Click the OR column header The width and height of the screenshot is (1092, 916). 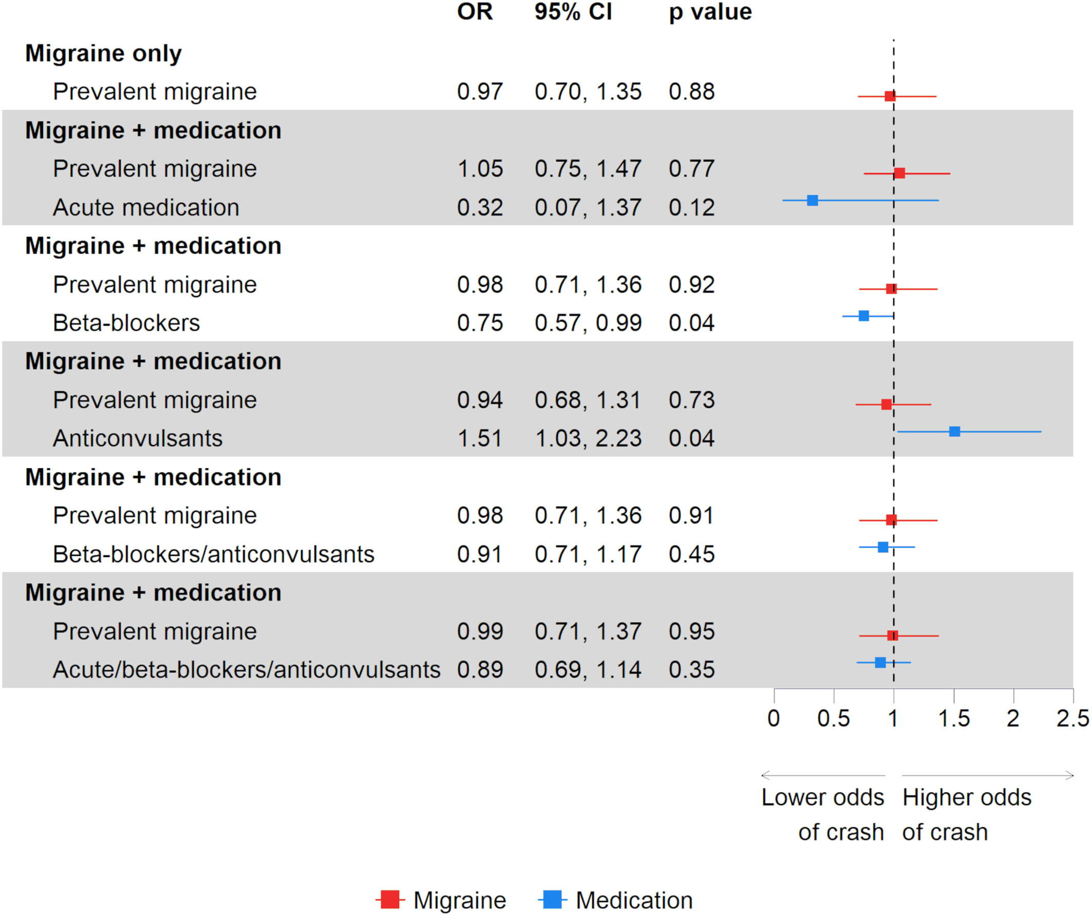tap(474, 12)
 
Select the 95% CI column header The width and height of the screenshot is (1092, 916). tap(573, 12)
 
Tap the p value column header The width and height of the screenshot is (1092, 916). tap(710, 12)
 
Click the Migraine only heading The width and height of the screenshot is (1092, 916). tap(104, 53)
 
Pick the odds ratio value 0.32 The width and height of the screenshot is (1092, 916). tap(479, 207)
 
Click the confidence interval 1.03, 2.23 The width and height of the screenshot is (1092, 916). tap(588, 438)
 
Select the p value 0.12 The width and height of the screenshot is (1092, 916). tap(691, 207)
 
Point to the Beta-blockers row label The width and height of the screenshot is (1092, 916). tap(126, 323)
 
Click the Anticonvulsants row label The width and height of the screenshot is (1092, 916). tap(138, 438)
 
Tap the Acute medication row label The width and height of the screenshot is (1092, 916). tap(146, 207)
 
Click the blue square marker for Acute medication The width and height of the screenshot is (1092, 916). tap(812, 200)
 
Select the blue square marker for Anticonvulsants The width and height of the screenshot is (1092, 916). tap(954, 431)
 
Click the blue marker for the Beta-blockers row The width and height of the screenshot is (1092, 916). tap(863, 315)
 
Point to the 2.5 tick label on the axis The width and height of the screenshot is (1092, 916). tap(1072, 719)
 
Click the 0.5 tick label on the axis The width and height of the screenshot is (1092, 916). tap(833, 719)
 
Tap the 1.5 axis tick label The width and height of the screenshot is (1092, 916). tap(953, 719)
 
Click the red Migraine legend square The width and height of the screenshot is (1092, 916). tap(390, 900)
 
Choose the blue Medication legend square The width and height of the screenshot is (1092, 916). tap(552, 900)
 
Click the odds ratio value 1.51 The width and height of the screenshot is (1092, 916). tap(479, 438)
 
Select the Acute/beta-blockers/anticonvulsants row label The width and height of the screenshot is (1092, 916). tap(246, 670)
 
